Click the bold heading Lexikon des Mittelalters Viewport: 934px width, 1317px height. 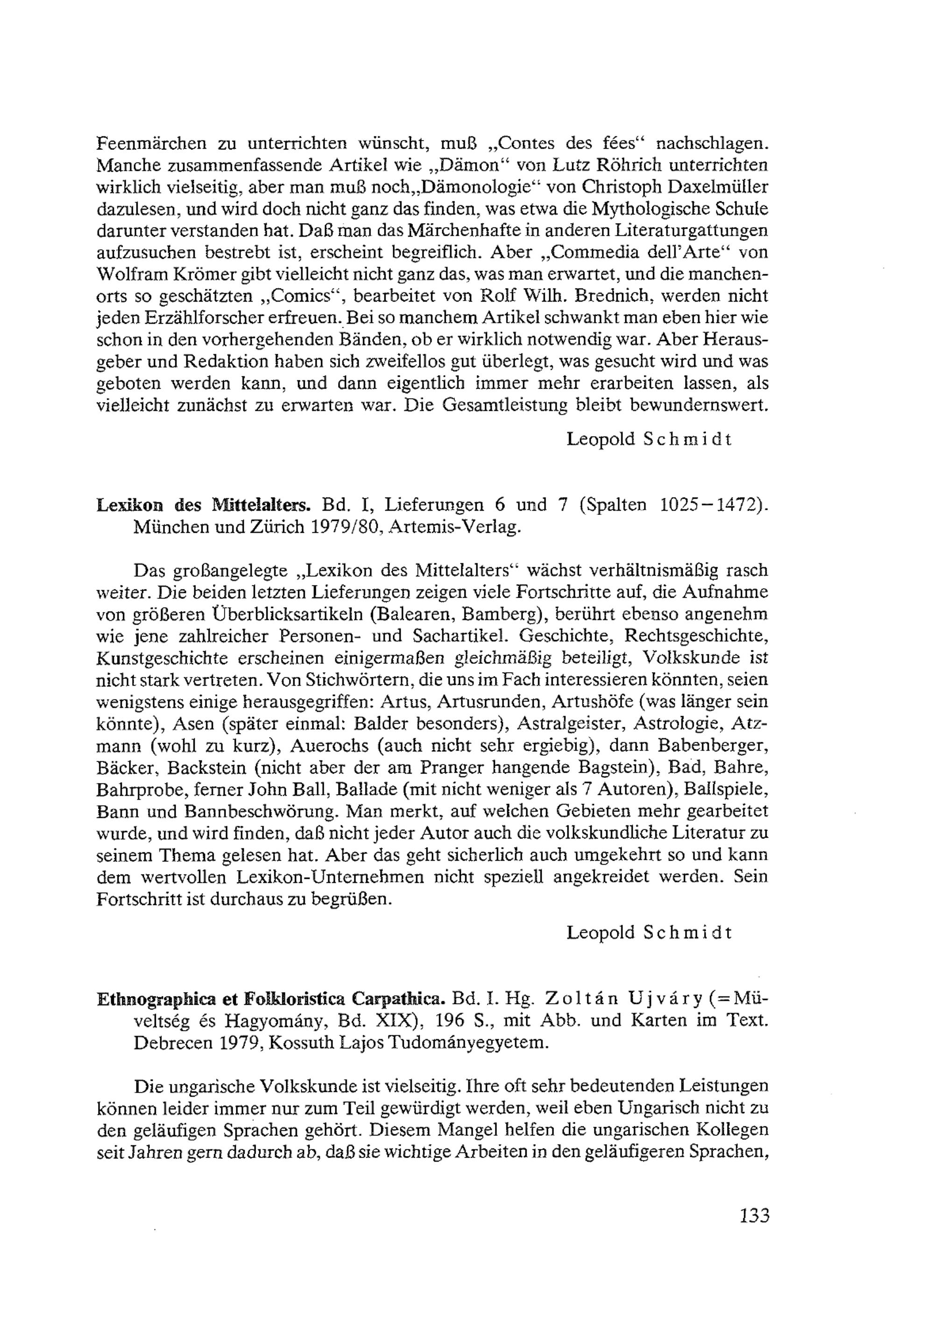pyautogui.click(x=204, y=505)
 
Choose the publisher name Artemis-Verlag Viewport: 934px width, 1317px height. pyautogui.click(x=455, y=527)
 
